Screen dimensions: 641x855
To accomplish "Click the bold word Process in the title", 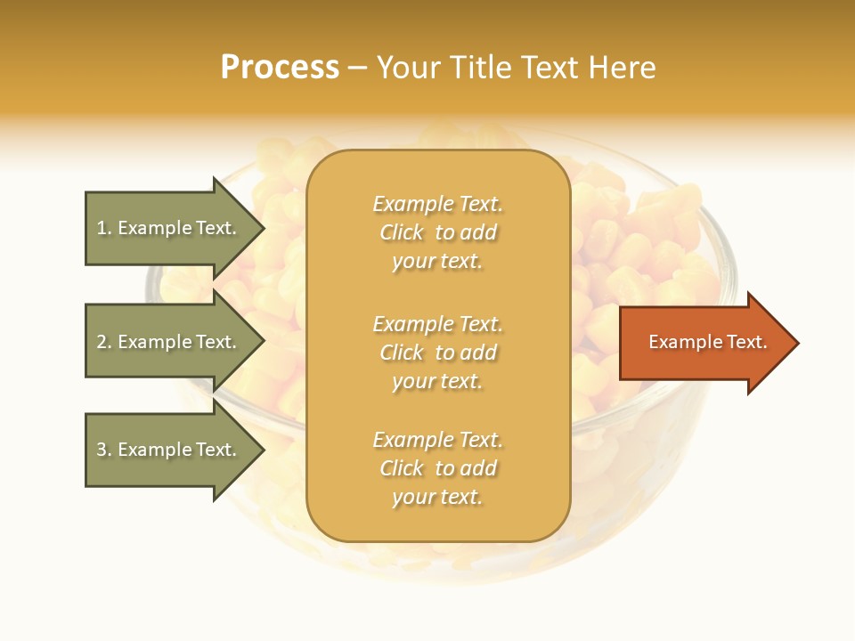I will tap(280, 68).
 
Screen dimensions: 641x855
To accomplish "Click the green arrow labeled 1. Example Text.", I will tap(169, 229).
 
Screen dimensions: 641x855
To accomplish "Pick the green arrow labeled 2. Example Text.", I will tap(169, 342).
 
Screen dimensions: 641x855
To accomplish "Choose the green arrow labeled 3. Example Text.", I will tap(169, 450).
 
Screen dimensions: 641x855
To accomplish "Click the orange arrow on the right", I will tap(704, 343).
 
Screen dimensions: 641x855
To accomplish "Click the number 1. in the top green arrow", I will tap(104, 229).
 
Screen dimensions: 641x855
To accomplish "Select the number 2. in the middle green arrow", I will tap(104, 342).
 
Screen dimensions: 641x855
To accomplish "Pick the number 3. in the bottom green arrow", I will tap(104, 450).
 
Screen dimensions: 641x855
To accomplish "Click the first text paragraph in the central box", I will tap(437, 232).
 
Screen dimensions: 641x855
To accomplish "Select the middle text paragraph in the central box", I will tap(437, 353).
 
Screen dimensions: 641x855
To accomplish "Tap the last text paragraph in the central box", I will tap(437, 468).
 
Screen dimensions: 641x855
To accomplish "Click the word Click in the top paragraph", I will tap(402, 233).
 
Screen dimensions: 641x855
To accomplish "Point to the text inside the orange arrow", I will tap(707, 343).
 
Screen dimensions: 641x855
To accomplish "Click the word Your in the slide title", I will tap(409, 68).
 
